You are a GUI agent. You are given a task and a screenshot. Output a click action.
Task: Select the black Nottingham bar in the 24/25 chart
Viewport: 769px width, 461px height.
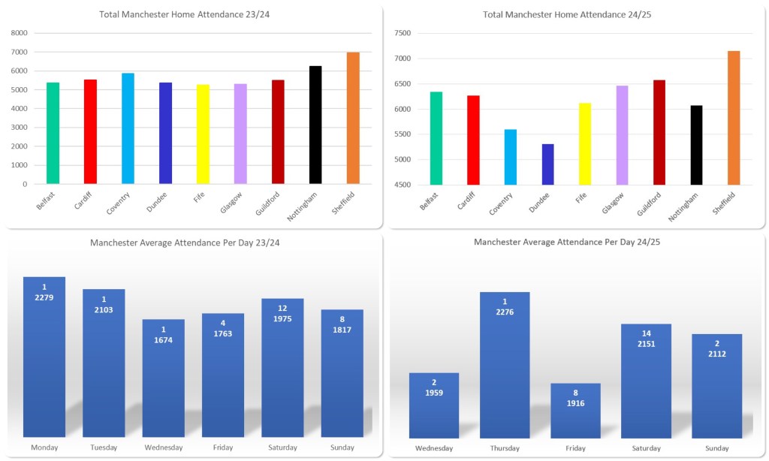pos(696,145)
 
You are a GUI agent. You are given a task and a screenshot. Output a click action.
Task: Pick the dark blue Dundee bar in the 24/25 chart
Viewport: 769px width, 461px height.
pos(547,164)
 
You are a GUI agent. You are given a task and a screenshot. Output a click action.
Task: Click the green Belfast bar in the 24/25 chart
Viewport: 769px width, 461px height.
pos(436,138)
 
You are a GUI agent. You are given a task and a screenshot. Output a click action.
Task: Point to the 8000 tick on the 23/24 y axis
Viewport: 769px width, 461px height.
pos(19,33)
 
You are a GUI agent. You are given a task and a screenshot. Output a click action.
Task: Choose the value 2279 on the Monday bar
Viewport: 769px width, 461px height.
pos(44,298)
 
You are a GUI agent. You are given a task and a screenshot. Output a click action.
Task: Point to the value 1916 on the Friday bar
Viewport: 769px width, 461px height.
pos(575,404)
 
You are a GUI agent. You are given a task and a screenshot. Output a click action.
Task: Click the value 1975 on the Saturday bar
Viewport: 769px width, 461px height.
pos(282,319)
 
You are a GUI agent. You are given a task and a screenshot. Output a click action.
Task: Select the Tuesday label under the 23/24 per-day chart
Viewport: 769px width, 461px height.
pos(104,447)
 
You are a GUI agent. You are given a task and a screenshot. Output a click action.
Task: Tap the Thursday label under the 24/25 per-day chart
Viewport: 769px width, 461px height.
pos(505,448)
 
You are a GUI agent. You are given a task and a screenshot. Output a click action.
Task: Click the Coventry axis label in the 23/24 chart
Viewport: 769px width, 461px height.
pos(119,203)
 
